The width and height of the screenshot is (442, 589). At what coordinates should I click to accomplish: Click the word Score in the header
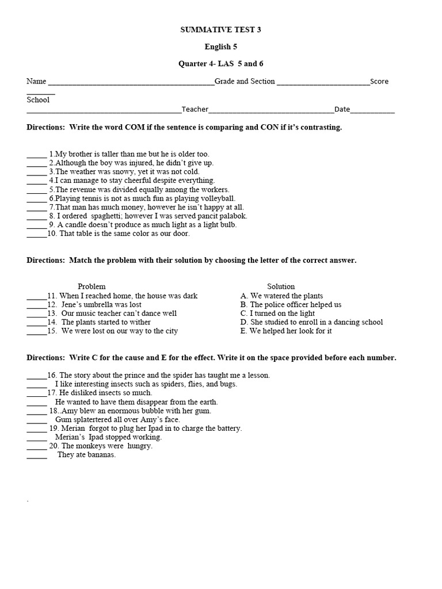pyautogui.click(x=379, y=82)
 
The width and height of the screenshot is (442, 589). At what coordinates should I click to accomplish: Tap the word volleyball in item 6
pyautogui.click(x=216, y=198)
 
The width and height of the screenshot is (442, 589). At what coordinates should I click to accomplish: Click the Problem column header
pyautogui.click(x=92, y=286)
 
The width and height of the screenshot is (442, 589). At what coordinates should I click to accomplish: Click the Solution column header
pyautogui.click(x=281, y=286)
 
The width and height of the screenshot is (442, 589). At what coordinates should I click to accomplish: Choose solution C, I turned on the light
pyautogui.click(x=278, y=313)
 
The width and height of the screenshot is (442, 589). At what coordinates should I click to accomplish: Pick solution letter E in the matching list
pyautogui.click(x=243, y=331)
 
